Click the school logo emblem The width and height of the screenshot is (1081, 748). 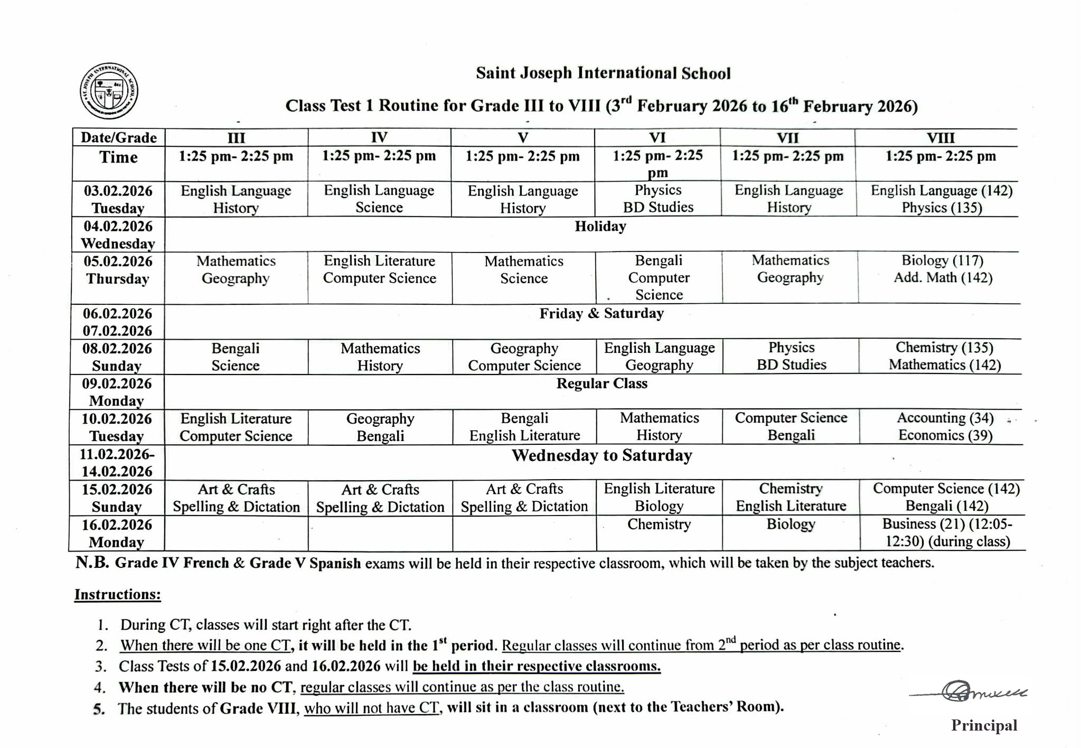tap(109, 90)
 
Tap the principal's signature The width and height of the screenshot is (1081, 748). tap(969, 691)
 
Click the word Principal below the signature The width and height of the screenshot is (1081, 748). tap(984, 725)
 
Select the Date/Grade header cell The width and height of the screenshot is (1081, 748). tap(119, 138)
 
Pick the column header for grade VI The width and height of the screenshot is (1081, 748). tap(657, 138)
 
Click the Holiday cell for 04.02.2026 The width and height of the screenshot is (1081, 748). tap(600, 227)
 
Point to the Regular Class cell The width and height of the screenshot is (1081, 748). tap(601, 384)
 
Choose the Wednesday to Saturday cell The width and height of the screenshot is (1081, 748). tap(601, 455)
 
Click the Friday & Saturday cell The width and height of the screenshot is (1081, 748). tap(601, 314)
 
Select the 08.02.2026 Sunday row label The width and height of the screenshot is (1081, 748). tap(117, 357)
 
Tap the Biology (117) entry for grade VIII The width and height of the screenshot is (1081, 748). tap(942, 260)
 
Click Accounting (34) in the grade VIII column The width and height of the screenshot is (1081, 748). tap(945, 418)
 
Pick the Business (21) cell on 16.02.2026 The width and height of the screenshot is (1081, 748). tap(947, 532)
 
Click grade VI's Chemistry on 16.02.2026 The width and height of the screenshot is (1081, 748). tap(659, 524)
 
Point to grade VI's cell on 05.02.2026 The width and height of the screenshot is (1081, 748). tap(659, 277)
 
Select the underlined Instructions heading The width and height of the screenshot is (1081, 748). tap(117, 594)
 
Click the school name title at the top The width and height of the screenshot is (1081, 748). tap(603, 73)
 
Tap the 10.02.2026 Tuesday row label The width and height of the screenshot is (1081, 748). tap(117, 427)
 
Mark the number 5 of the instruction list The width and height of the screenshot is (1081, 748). tap(99, 709)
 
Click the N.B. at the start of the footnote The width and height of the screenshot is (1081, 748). tap(92, 563)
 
